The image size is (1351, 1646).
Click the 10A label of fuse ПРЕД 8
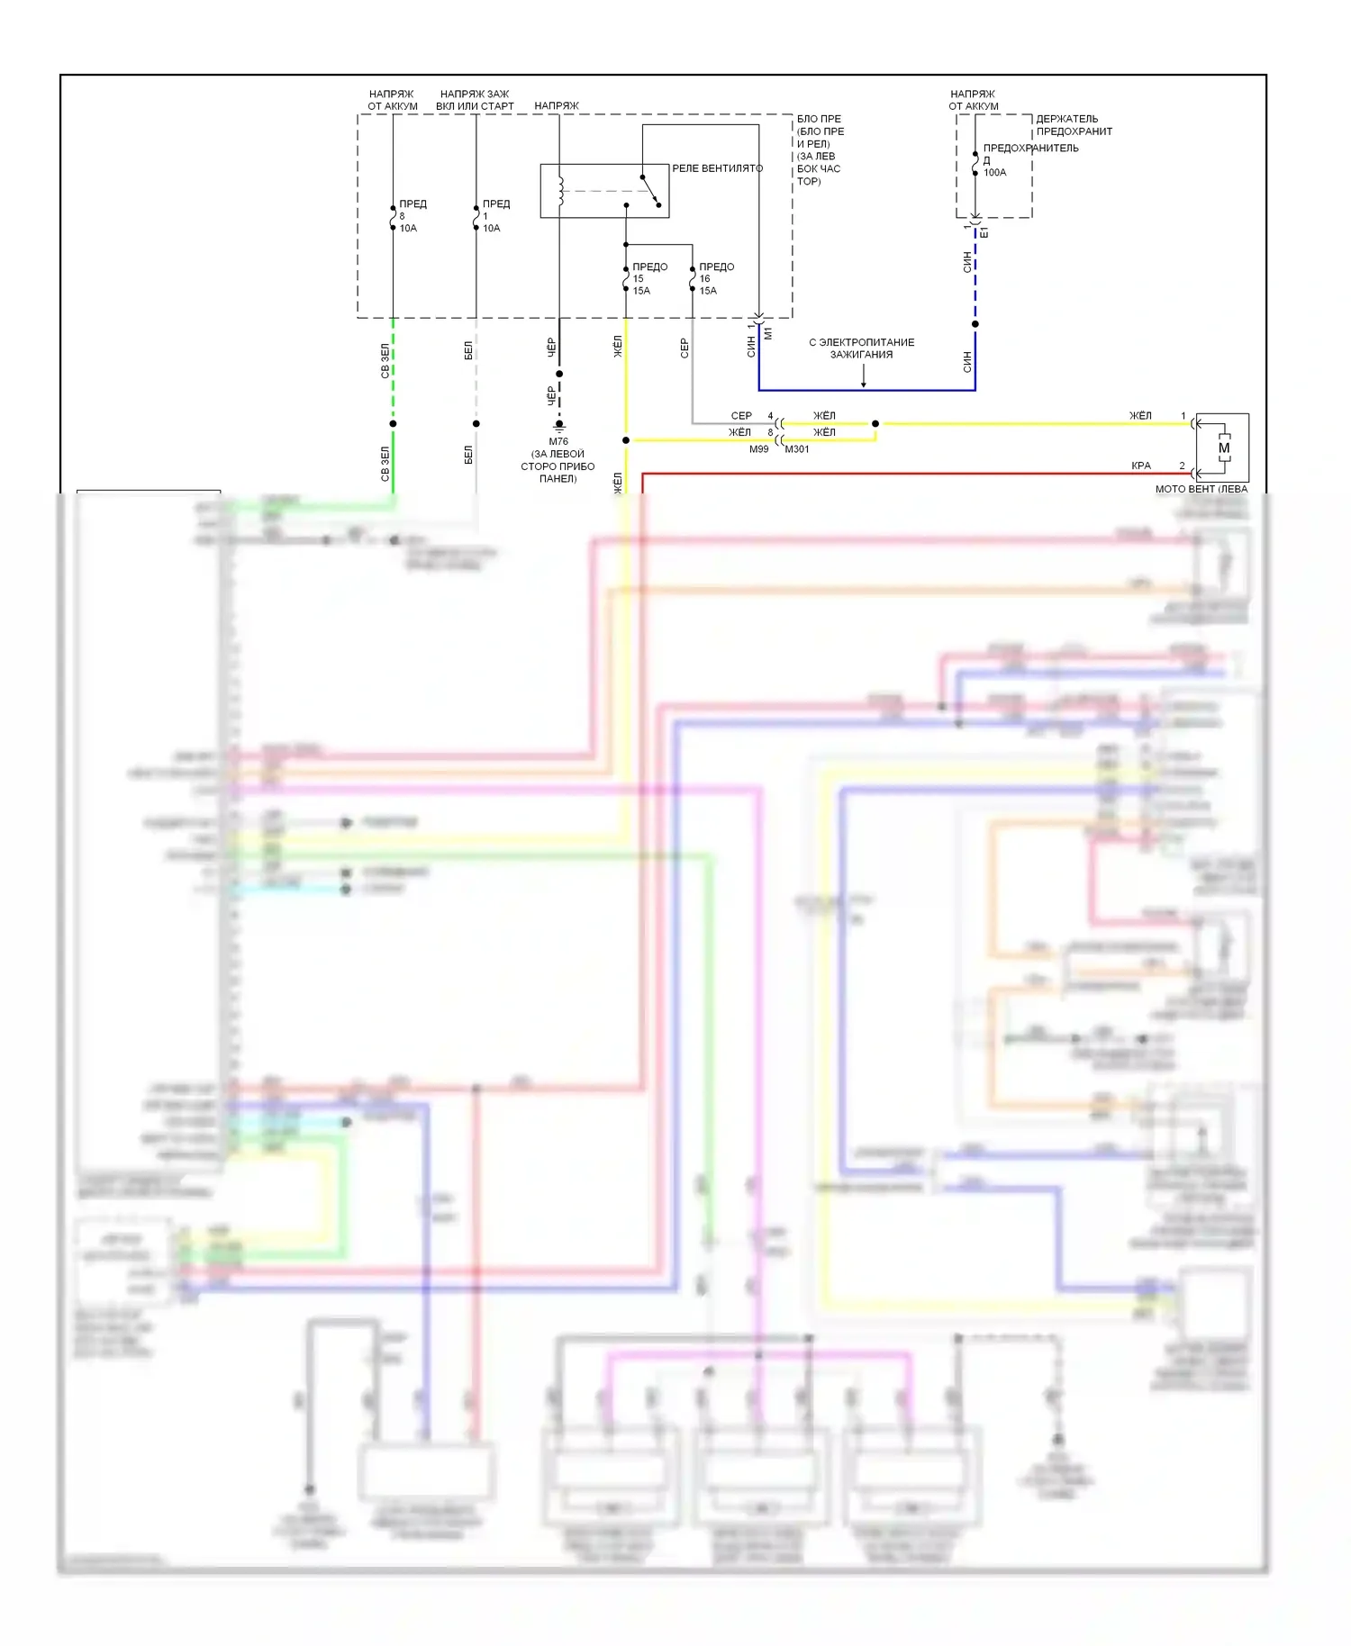click(408, 229)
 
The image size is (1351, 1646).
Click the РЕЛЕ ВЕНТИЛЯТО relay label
click(717, 168)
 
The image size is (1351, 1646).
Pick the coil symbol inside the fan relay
click(560, 190)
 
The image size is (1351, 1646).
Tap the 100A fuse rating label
click(994, 173)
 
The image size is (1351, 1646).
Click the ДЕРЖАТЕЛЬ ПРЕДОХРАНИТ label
click(1074, 125)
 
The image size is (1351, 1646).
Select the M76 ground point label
click(558, 441)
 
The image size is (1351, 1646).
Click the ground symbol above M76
click(559, 425)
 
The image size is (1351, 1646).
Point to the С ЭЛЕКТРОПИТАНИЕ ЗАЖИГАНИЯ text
click(861, 348)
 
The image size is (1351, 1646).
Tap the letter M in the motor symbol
click(1224, 448)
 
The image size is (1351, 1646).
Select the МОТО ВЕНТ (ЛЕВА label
click(1201, 489)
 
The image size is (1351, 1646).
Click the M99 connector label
click(759, 449)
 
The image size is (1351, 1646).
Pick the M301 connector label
click(797, 449)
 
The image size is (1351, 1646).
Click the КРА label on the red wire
click(1141, 466)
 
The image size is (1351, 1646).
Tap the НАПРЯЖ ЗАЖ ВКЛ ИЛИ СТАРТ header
click(475, 100)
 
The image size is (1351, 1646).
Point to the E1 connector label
click(984, 232)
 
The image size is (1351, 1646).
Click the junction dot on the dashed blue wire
click(975, 324)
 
